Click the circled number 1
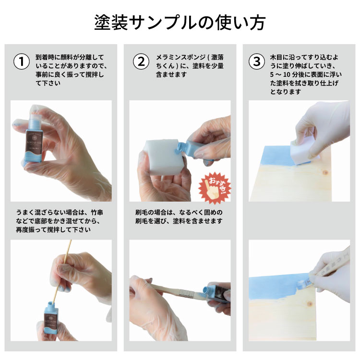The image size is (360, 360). pyautogui.click(x=22, y=61)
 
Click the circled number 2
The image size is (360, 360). pyautogui.click(x=141, y=61)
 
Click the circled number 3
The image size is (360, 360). pyautogui.click(x=257, y=61)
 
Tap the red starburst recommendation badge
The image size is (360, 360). pyautogui.click(x=215, y=188)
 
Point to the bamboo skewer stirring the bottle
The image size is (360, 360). pyautogui.click(x=62, y=273)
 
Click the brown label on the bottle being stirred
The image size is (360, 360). pyautogui.click(x=51, y=318)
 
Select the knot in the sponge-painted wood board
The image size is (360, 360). pyautogui.click(x=325, y=172)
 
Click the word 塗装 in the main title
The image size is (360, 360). pyautogui.click(x=111, y=23)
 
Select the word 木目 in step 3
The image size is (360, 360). pyautogui.click(x=276, y=57)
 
